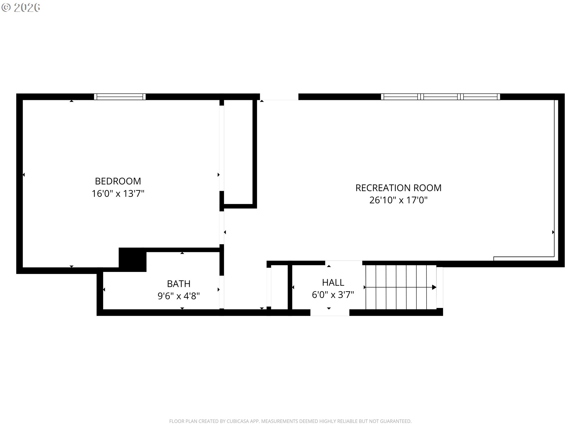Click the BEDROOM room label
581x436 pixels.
(x=118, y=181)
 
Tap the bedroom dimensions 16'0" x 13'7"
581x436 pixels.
(x=118, y=193)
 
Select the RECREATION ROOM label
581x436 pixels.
(x=398, y=188)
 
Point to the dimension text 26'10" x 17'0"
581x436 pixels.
(x=398, y=200)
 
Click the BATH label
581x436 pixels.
(x=179, y=284)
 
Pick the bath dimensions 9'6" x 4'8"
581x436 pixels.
(x=179, y=296)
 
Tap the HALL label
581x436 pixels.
(x=333, y=282)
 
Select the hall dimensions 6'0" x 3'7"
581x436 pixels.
(x=333, y=295)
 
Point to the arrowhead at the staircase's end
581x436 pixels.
(x=434, y=287)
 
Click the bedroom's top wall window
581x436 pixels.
(x=120, y=97)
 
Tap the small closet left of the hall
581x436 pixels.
(x=279, y=287)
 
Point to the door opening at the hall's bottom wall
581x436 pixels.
(x=330, y=312)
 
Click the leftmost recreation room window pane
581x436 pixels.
(x=400, y=97)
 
